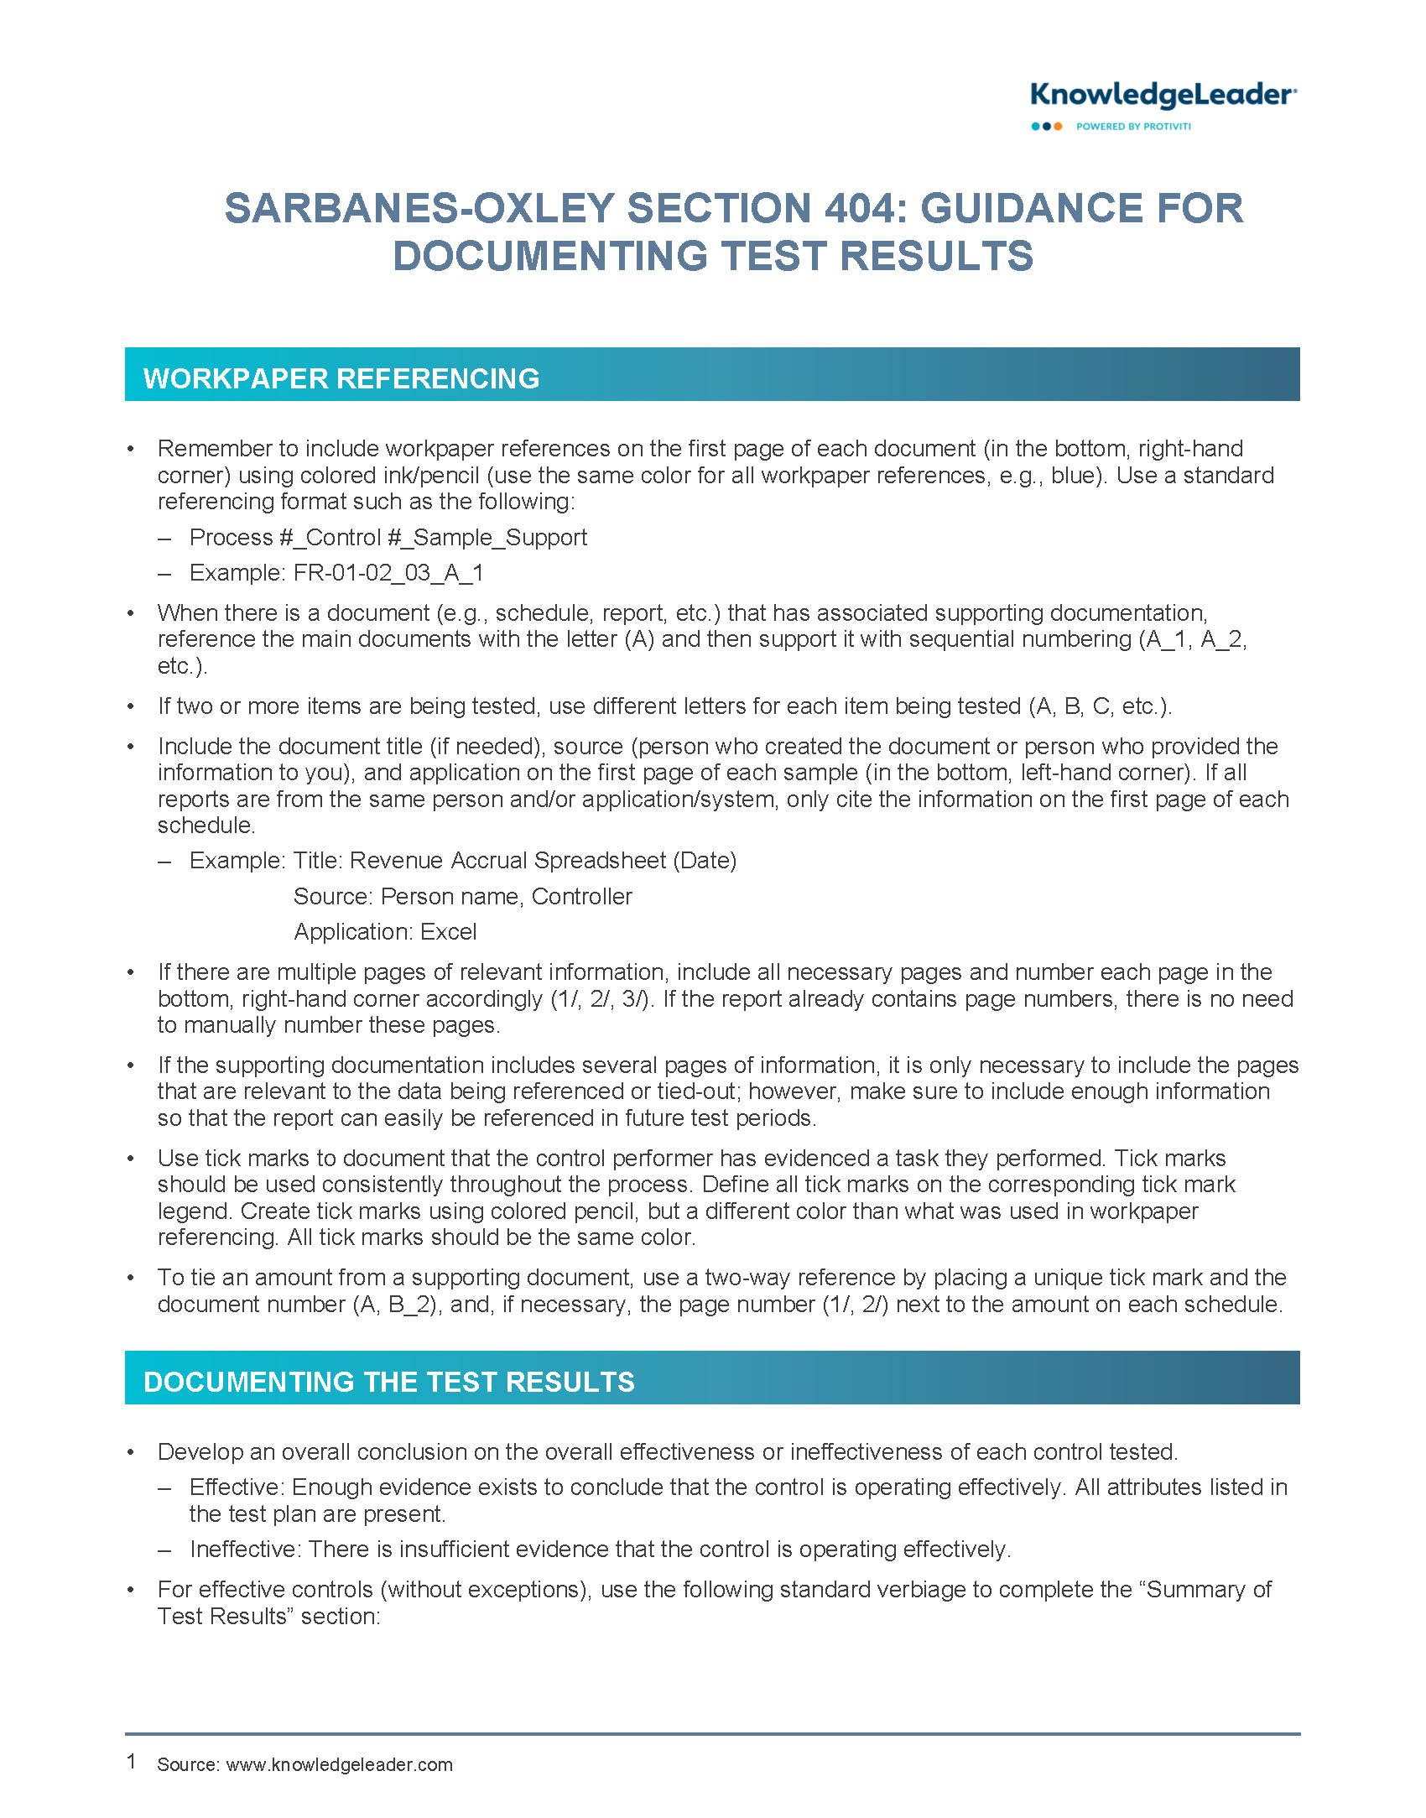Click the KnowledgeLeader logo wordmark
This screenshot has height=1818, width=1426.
tap(1163, 96)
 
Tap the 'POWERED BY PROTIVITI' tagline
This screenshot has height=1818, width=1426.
tap(1133, 127)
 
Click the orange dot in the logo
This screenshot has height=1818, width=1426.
tap(1058, 127)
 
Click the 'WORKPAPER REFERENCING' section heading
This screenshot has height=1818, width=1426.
tap(341, 378)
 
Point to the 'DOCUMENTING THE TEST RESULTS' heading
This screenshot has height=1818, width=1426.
tap(389, 1382)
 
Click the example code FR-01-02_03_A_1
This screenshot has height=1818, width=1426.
tap(388, 573)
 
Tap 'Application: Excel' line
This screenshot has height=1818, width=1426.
tap(385, 932)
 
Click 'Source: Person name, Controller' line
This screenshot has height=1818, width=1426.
tap(462, 897)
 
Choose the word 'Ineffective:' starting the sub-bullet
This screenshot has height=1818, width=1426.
tap(246, 1550)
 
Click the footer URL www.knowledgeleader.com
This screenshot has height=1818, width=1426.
tap(340, 1764)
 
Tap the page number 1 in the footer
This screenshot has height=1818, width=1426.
tap(132, 1762)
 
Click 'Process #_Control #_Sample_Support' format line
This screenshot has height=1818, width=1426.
tap(388, 538)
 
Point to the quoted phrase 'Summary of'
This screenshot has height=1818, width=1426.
tap(1210, 1590)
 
